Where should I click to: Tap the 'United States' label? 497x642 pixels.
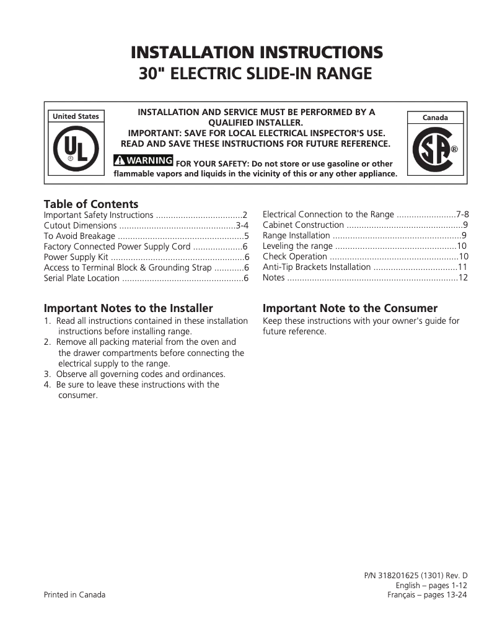pos(76,116)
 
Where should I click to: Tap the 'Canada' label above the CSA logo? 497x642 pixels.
pos(434,117)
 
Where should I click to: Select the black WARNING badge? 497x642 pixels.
pos(143,160)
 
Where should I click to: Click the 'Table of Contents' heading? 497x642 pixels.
pos(91,204)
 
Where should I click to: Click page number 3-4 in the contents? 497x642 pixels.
pos(242,225)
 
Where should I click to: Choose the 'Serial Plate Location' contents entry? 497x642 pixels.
pos(82,278)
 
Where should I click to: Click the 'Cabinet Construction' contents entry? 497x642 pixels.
pos(303,225)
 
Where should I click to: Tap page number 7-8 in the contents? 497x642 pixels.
pos(462,214)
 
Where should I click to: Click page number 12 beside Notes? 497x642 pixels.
pos(462,277)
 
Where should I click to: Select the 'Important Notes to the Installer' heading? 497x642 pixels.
pos(128,308)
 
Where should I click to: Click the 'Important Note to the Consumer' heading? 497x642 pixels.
pos(350,308)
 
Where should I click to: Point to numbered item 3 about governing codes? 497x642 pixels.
pos(134,374)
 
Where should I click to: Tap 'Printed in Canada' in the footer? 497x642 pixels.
pos(74,595)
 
